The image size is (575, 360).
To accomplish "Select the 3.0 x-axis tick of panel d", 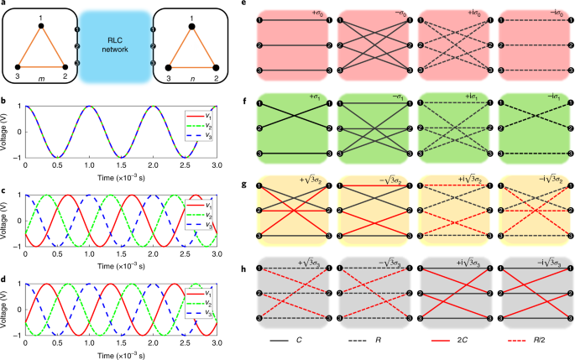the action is (x=216, y=341).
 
